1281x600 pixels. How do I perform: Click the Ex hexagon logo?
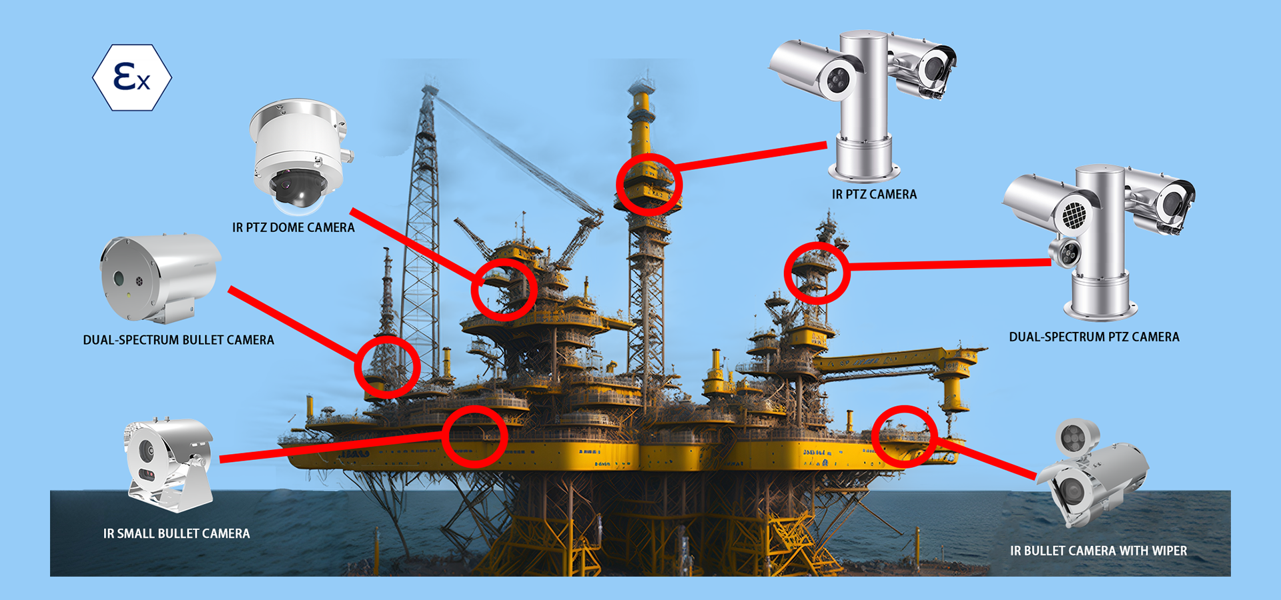132,77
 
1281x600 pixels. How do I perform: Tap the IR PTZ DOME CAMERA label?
294,227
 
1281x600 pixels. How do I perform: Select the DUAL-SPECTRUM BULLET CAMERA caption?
178,340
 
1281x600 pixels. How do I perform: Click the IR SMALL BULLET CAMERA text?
176,533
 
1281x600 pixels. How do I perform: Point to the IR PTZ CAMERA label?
874,194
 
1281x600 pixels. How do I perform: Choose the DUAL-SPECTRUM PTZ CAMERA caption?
1094,337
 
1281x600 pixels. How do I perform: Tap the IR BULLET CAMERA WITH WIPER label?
1098,551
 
